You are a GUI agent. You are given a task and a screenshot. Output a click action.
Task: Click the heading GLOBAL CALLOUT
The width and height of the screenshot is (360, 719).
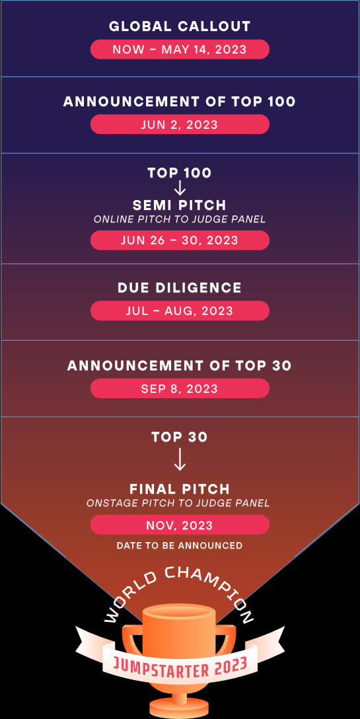180,26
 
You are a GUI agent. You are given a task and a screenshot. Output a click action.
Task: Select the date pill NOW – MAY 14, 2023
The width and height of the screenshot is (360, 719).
180,49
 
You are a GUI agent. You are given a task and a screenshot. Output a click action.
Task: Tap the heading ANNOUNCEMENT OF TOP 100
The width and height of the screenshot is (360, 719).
180,101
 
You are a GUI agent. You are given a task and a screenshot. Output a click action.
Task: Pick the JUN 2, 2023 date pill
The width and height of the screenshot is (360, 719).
180,124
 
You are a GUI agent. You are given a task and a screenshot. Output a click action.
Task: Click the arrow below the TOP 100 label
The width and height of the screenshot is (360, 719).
180,188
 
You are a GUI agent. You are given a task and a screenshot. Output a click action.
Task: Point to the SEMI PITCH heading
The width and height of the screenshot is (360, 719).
180,205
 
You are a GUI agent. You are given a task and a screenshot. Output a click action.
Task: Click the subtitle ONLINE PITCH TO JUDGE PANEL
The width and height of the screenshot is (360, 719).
180,219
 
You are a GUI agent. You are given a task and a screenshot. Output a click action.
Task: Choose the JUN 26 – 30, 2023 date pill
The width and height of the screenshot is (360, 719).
180,240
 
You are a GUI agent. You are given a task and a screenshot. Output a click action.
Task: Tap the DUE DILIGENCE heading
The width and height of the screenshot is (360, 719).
180,287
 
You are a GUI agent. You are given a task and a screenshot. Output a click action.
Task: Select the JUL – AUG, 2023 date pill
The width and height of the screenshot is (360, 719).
180,310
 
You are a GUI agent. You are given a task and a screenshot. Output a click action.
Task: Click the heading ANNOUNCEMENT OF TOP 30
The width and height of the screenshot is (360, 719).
180,366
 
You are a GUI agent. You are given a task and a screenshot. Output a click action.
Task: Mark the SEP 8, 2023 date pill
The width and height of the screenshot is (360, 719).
180,388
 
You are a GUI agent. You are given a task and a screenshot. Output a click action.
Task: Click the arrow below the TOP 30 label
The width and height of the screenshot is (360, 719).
180,459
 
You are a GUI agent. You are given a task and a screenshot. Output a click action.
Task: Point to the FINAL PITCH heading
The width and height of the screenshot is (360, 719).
180,489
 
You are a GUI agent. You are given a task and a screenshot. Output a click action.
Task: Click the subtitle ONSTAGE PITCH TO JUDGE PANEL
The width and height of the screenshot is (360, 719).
178,504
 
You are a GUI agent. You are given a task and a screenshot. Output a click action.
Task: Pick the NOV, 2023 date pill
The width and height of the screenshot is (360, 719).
180,525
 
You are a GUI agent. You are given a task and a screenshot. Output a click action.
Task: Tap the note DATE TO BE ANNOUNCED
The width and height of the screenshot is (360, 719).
180,545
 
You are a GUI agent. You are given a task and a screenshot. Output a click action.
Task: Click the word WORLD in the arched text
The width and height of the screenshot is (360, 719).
130,597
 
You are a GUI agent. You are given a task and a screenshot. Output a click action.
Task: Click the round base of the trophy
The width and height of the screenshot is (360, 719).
179,708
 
